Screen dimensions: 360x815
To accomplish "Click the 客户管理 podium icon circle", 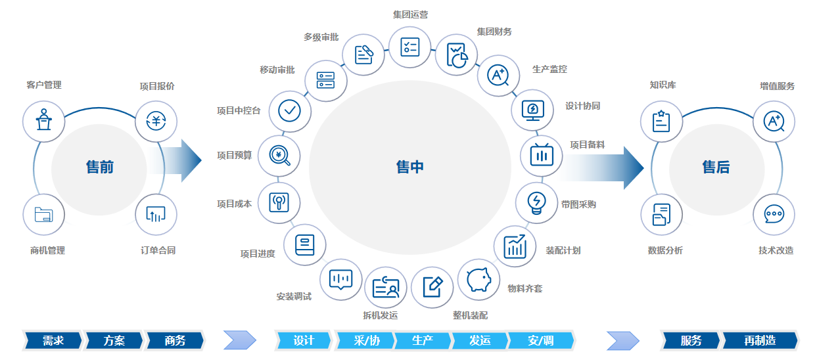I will coord(43,120).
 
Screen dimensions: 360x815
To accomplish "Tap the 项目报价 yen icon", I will coord(156,120).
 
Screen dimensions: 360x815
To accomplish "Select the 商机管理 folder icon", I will coord(43,214).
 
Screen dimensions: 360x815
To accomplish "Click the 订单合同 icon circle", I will coord(156,214).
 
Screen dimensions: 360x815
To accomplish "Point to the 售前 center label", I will coord(100,167).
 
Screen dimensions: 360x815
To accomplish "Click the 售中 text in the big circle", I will coord(410,167).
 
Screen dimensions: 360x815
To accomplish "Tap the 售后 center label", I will coord(716,167).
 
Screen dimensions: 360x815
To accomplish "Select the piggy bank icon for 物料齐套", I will coord(478,280).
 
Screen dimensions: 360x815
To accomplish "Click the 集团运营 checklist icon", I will coord(410,47).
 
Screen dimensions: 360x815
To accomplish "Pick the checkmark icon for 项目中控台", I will coord(290,110).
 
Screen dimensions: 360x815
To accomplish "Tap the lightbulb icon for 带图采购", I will coord(536,203).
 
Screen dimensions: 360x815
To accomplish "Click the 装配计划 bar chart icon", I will coord(515,246).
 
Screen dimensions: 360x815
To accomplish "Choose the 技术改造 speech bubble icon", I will coord(774,214).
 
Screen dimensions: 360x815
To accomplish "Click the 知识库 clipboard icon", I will coord(661,121).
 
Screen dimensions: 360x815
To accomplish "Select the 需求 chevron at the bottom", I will coord(53,340).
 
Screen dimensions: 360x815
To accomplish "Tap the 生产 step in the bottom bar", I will coord(422,340).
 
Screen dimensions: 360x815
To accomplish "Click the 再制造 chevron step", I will coord(760,340).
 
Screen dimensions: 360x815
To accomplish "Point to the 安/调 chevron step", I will coord(540,340).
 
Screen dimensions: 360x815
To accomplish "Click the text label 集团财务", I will coord(494,32).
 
